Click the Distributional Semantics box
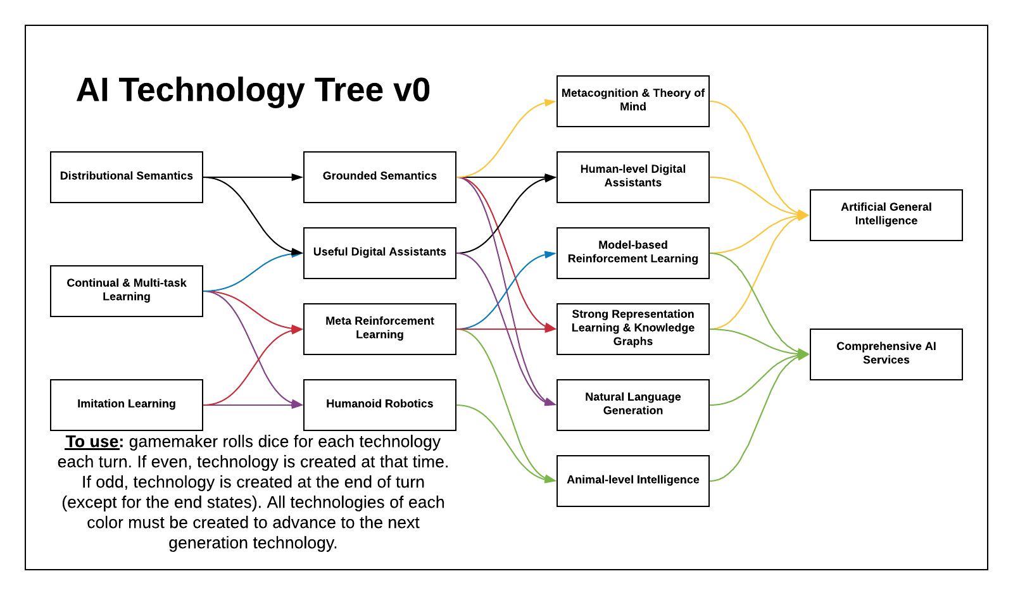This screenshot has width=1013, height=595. tap(127, 177)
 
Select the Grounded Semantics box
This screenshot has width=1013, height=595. tap(380, 177)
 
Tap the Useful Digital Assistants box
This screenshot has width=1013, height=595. tap(380, 253)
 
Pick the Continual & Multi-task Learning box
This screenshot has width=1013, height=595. tap(127, 291)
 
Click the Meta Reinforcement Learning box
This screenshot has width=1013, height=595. tap(380, 329)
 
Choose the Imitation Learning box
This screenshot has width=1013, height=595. tap(127, 404)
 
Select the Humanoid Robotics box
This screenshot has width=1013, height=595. tap(380, 404)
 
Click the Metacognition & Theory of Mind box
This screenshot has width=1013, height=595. tap(633, 101)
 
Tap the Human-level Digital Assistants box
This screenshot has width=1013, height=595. tap(633, 177)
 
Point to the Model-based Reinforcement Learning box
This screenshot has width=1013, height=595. tap(633, 253)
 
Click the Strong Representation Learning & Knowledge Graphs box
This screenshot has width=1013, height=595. tap(633, 329)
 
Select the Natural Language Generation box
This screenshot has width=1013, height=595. tap(633, 404)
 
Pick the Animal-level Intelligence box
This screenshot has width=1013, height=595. tap(633, 480)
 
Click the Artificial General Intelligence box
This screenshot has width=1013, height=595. tap(886, 215)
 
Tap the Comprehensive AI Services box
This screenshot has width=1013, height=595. tap(886, 354)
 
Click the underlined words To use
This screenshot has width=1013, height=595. tap(92, 442)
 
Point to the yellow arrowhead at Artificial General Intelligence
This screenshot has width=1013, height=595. tap(803, 215)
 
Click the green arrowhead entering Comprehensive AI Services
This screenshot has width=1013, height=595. tap(803, 354)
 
